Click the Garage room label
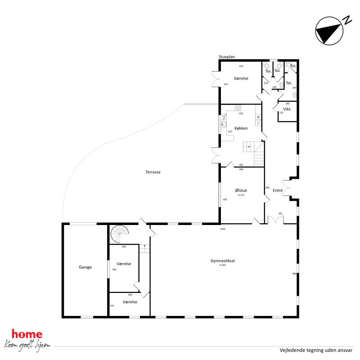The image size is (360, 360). pyautogui.click(x=85, y=267)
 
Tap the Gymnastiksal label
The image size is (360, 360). pyautogui.click(x=222, y=261)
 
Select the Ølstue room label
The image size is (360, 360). pyautogui.click(x=241, y=190)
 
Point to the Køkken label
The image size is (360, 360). pyautogui.click(x=241, y=128)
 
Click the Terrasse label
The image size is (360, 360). pyautogui.click(x=153, y=172)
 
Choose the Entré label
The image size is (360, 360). pyautogui.click(x=278, y=191)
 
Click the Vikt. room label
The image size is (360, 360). pyautogui.click(x=288, y=109)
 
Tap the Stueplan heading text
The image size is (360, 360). pyautogui.click(x=227, y=57)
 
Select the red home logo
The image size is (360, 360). pyautogui.click(x=27, y=334)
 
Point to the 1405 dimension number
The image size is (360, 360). pyautogui.click(x=222, y=229)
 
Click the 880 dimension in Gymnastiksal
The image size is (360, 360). pyautogui.click(x=294, y=274)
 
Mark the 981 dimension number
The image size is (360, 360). pyautogui.click(x=267, y=188)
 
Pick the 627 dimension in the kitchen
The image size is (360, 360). pyautogui.click(x=230, y=131)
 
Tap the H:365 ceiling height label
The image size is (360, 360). pyautogui.click(x=222, y=265)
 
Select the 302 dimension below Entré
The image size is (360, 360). pyautogui.click(x=280, y=213)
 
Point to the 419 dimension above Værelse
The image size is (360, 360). pyautogui.click(x=241, y=67)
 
